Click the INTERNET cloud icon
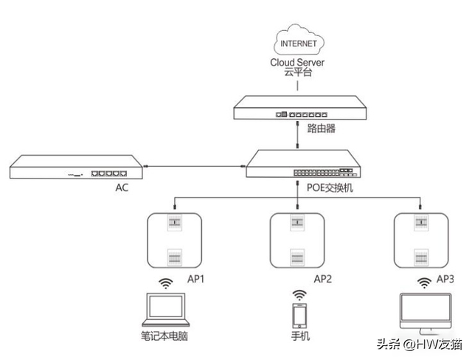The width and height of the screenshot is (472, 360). pos(298,42)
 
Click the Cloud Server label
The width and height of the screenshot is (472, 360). pos(298,63)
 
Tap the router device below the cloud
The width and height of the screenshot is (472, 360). pos(298,109)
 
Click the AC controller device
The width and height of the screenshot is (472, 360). pos(74,167)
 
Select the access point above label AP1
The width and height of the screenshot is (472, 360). pos(175,240)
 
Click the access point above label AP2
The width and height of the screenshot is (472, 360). pos(298,240)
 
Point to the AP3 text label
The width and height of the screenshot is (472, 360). pos(445,279)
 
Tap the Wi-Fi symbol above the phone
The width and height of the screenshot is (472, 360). pos(299,294)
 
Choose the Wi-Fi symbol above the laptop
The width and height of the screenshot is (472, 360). pos(167,284)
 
